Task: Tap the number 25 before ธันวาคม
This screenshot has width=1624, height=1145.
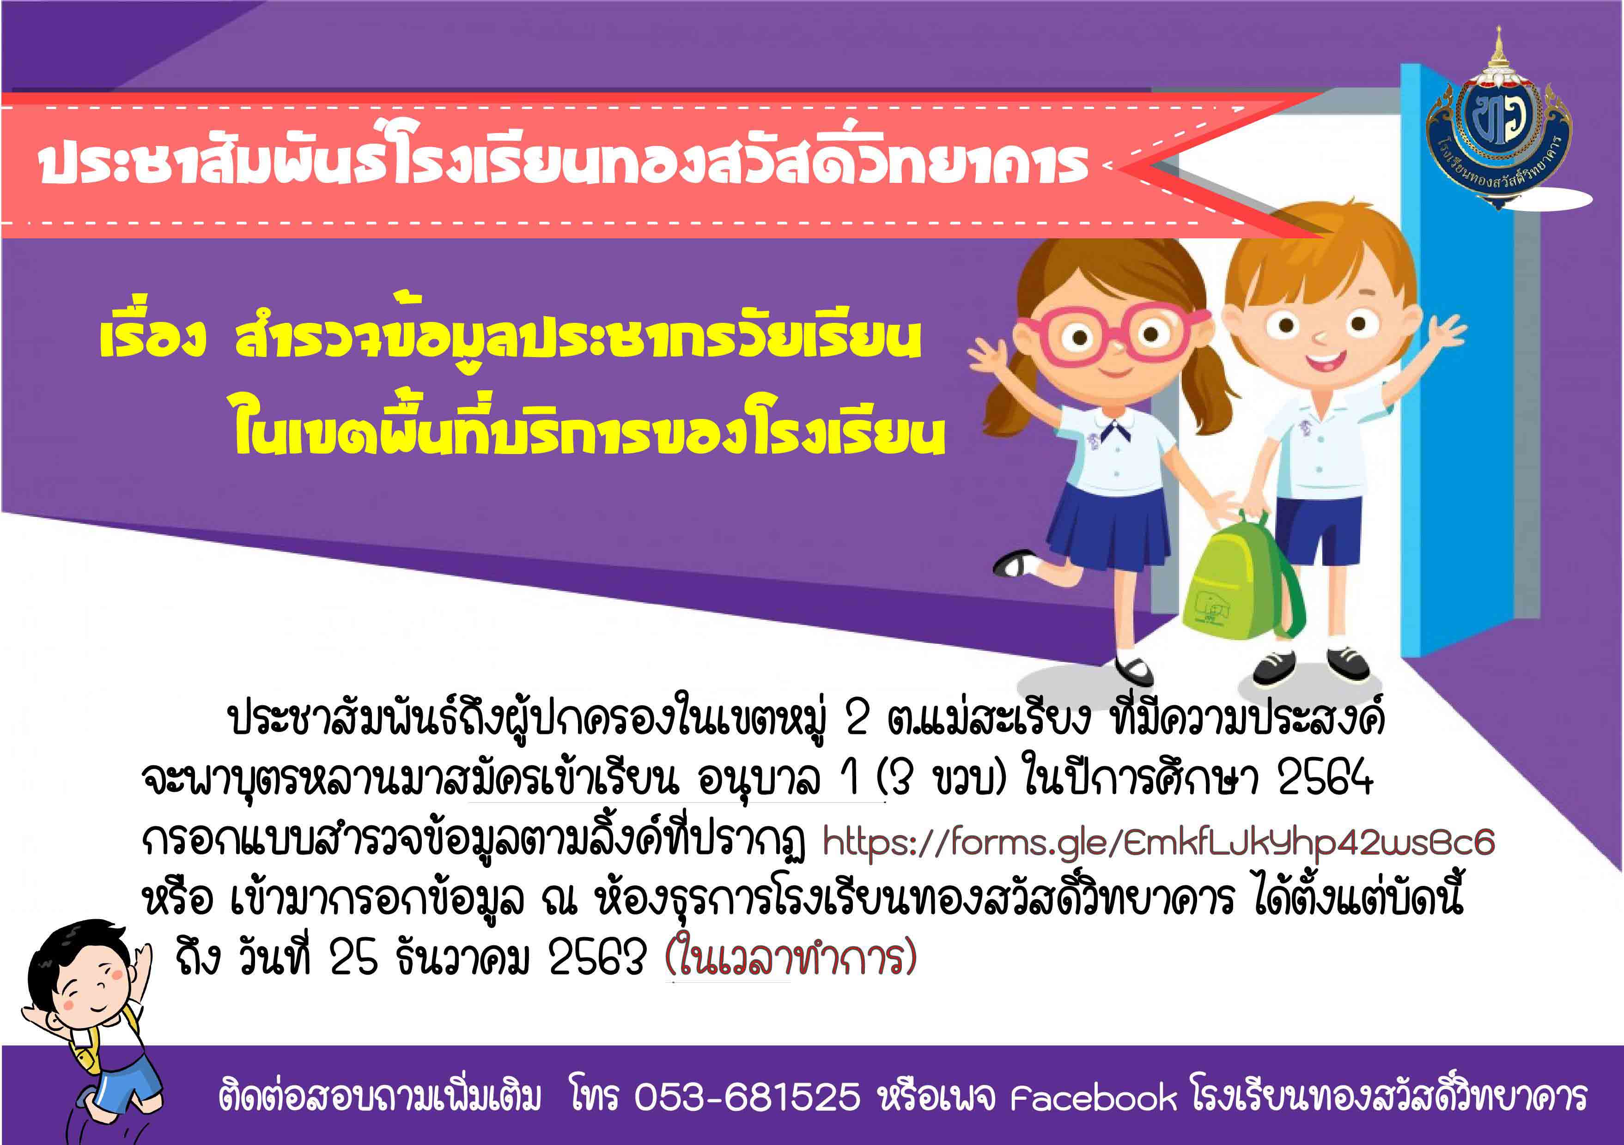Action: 353,958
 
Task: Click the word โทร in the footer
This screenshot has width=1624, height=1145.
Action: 594,1096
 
